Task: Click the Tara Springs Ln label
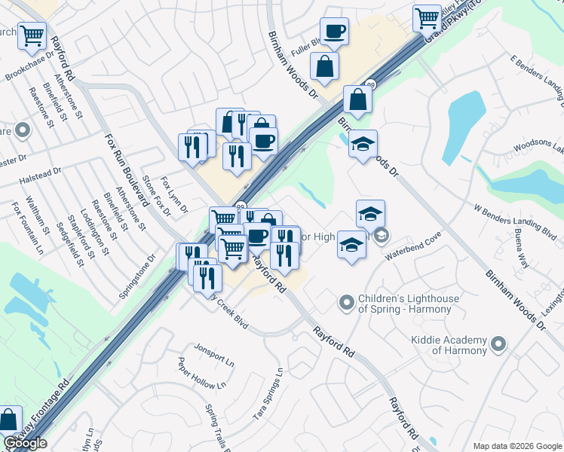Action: [x=269, y=395]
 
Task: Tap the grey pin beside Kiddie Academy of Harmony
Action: [x=498, y=345]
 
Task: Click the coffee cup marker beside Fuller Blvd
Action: [x=334, y=32]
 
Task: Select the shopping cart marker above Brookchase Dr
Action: [x=32, y=35]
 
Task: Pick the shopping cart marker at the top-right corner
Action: [x=427, y=17]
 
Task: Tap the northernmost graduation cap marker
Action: [x=363, y=143]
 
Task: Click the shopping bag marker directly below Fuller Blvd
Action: [x=324, y=66]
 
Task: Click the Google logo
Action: [x=25, y=443]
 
